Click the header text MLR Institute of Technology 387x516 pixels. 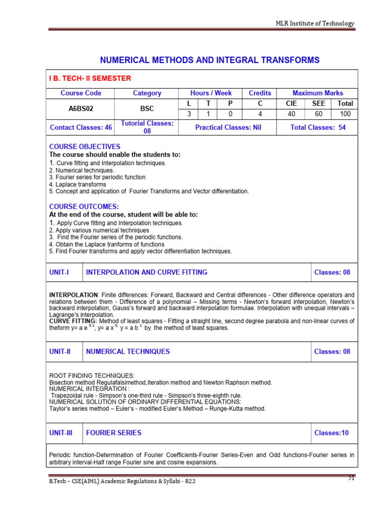pos(314,23)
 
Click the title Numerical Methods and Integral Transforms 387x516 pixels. pos(210,60)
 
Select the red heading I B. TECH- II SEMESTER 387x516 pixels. pos(90,78)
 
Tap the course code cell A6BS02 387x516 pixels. pos(81,108)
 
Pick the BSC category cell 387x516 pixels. pos(147,108)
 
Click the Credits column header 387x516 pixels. pos(260,93)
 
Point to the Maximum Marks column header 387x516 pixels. pos(317,93)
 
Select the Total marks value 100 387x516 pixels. pos(345,114)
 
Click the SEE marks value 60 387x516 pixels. pos(318,114)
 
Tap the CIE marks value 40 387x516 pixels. pos(291,114)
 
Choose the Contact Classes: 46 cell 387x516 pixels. pos(81,127)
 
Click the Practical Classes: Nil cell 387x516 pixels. pos(228,127)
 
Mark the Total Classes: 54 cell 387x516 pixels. pos(317,127)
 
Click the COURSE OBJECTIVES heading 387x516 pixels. pos(85,147)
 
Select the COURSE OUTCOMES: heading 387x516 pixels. pos(84,207)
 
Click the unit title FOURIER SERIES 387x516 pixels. pos(113,432)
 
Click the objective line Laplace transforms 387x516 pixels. pos(78,184)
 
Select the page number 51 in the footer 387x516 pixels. pos(352,478)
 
